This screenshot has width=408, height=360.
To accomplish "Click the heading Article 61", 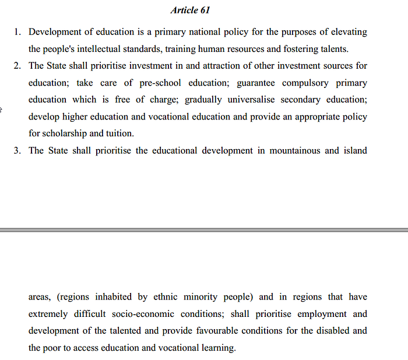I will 190,10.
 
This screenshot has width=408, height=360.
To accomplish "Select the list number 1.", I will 17,32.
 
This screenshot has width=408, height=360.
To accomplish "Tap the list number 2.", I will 17,66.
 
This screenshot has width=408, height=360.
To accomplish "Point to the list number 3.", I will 17,150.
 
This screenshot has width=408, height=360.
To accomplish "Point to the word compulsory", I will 303,83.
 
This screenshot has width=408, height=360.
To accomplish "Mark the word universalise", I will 221,100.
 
